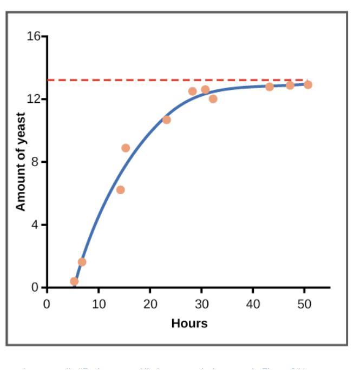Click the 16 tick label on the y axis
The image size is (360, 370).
[x=34, y=37]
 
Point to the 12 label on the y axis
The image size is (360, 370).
[x=34, y=100]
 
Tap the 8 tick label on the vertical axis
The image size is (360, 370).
[x=36, y=162]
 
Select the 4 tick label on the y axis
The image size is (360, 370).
[x=36, y=224]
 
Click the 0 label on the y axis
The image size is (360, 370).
[x=36, y=287]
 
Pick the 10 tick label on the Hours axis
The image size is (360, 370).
[x=98, y=303]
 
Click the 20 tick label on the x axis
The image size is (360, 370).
[x=150, y=303]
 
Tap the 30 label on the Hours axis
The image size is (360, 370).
[x=201, y=303]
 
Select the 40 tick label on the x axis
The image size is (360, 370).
[x=253, y=303]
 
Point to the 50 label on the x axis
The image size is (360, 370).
[x=304, y=303]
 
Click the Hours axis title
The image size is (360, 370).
[x=189, y=323]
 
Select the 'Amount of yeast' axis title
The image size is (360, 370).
[x=21, y=162]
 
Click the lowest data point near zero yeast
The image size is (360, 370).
[x=74, y=281]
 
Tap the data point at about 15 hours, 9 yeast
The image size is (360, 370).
[x=126, y=148]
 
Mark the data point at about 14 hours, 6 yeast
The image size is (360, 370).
[x=120, y=190]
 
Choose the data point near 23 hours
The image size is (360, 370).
[x=166, y=120]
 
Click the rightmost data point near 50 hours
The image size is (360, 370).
[x=307, y=84]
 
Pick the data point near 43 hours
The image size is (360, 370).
[x=269, y=87]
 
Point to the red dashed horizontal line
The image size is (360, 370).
[x=162, y=80]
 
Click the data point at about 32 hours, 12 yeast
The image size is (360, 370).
[x=213, y=99]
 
